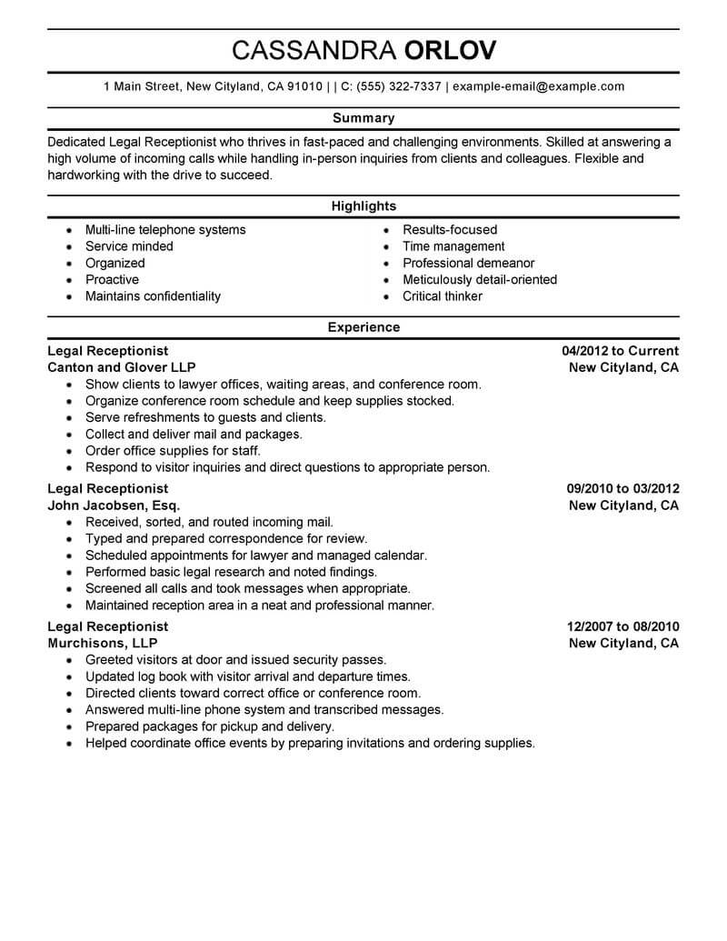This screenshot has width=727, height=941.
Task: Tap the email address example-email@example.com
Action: [538, 87]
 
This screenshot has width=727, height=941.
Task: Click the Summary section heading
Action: [363, 118]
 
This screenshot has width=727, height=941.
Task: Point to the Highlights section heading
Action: [363, 206]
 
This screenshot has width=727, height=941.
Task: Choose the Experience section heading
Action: [363, 327]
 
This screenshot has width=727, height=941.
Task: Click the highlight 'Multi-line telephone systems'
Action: [165, 230]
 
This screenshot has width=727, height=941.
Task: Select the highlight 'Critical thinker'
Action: [443, 296]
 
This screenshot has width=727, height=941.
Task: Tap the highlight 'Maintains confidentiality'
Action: [153, 296]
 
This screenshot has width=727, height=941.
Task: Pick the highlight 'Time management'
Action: [453, 246]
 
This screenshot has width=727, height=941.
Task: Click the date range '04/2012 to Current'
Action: [621, 351]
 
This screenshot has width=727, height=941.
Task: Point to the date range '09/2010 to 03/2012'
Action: [622, 489]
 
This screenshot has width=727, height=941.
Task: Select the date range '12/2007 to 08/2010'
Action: [622, 626]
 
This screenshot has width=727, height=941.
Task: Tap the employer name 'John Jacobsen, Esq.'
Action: [114, 506]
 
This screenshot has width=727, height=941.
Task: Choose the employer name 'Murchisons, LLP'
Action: [102, 644]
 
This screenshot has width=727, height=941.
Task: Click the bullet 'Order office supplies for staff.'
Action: [173, 451]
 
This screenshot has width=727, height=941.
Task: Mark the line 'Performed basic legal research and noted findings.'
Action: [231, 572]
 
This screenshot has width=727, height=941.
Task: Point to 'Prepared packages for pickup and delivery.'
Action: [210, 726]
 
